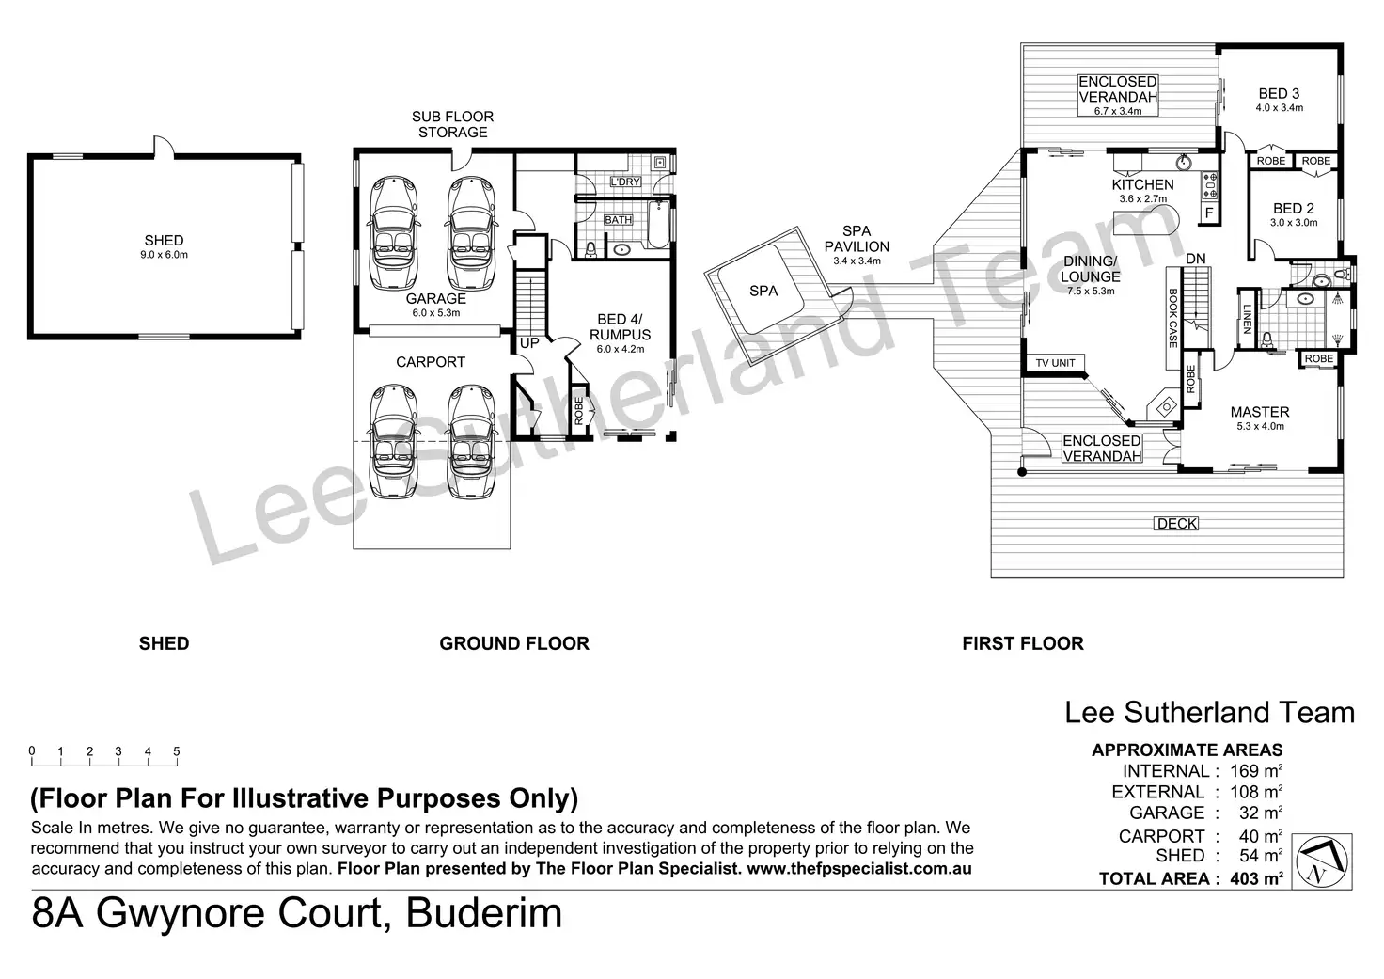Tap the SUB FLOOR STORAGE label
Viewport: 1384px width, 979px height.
pyautogui.click(x=452, y=124)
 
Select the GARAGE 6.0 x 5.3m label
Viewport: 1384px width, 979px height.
pyautogui.click(x=435, y=305)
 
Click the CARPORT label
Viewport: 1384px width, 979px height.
pyautogui.click(x=431, y=362)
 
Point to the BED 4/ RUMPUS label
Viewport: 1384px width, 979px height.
pyautogui.click(x=621, y=334)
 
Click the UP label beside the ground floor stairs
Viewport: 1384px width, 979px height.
pyautogui.click(x=529, y=343)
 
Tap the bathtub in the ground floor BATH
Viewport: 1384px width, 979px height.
pyautogui.click(x=658, y=226)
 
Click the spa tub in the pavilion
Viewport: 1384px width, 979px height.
pyautogui.click(x=763, y=291)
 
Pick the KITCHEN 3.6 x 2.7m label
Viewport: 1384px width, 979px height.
pyautogui.click(x=1142, y=190)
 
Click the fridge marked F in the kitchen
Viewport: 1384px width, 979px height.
pyautogui.click(x=1209, y=213)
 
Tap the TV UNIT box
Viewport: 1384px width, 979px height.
pyautogui.click(x=1055, y=363)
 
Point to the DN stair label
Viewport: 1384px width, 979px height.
pyautogui.click(x=1195, y=259)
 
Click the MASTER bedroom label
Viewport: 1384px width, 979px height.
pyautogui.click(x=1260, y=417)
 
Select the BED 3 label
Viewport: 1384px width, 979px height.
pyautogui.click(x=1279, y=99)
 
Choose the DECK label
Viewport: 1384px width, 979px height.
pyautogui.click(x=1176, y=524)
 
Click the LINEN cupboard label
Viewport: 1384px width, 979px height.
pyautogui.click(x=1247, y=321)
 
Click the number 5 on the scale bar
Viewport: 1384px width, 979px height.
pyautogui.click(x=177, y=751)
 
